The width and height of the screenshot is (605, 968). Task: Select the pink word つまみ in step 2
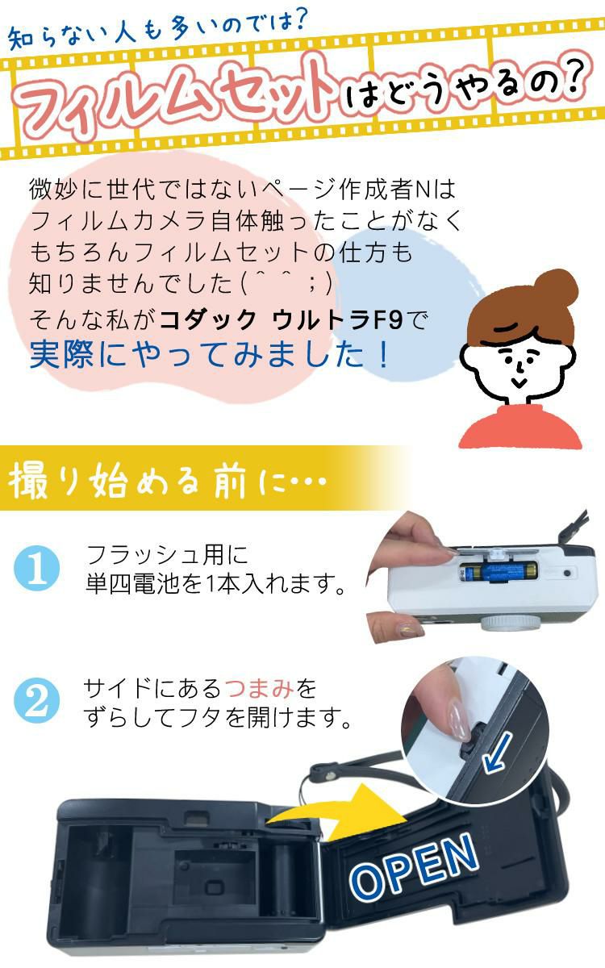260,689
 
